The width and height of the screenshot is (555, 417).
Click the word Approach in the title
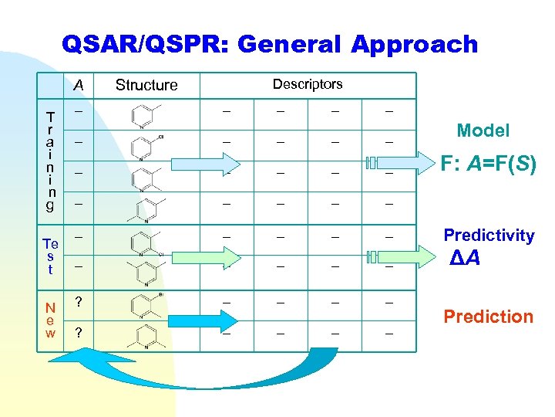pos(415,45)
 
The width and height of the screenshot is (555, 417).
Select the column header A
pos(79,84)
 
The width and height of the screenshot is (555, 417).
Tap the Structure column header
pos(146,85)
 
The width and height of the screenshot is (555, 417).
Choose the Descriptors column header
pos(308,84)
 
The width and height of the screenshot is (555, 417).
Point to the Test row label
pos(50,255)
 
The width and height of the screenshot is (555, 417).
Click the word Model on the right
pos(483,131)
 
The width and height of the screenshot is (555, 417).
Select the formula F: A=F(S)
pos(488,164)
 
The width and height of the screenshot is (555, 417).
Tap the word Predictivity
pos(488,236)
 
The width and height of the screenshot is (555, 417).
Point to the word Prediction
pos(488,317)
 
